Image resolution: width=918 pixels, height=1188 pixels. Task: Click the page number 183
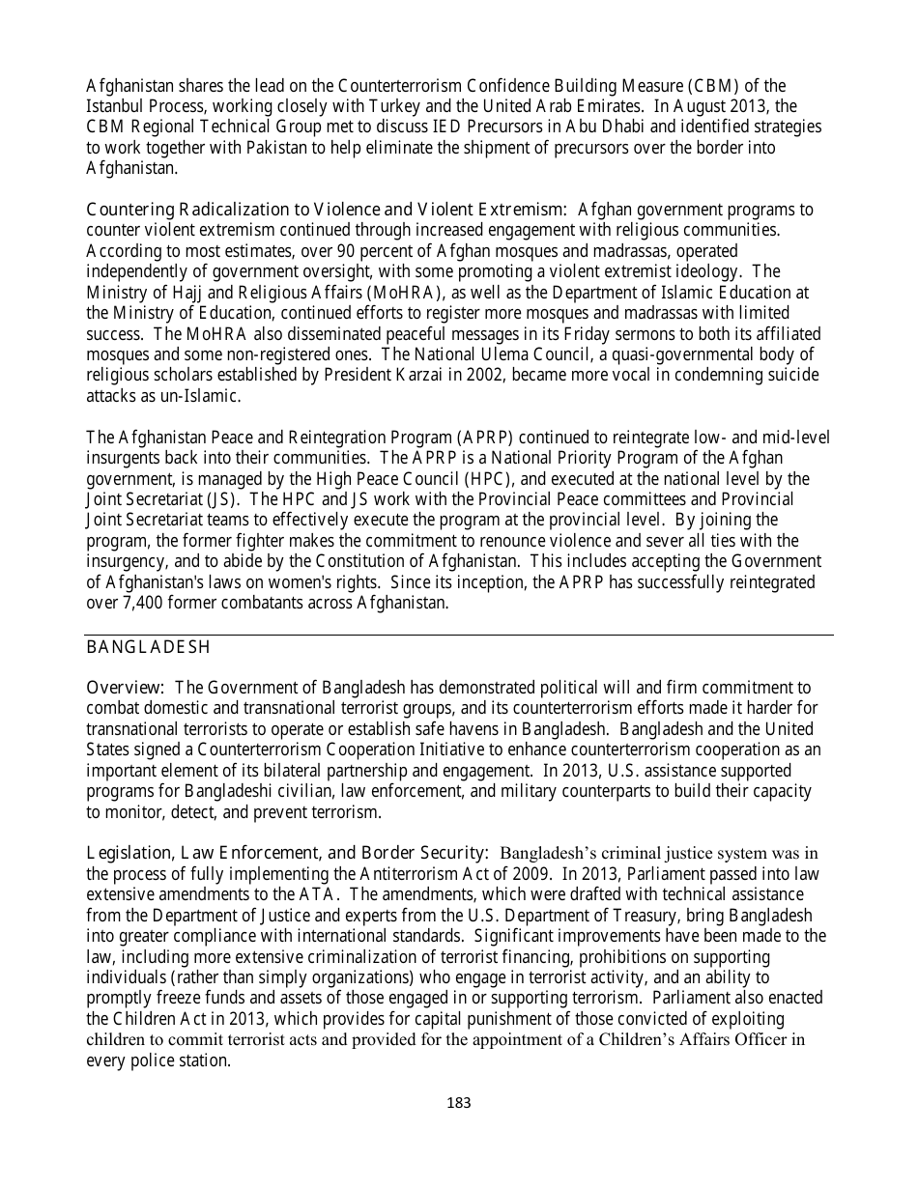459,1103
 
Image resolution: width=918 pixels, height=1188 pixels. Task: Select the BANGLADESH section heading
149,646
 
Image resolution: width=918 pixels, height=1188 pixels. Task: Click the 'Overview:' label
126,688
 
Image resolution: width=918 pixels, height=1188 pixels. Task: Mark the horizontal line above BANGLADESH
459,635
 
